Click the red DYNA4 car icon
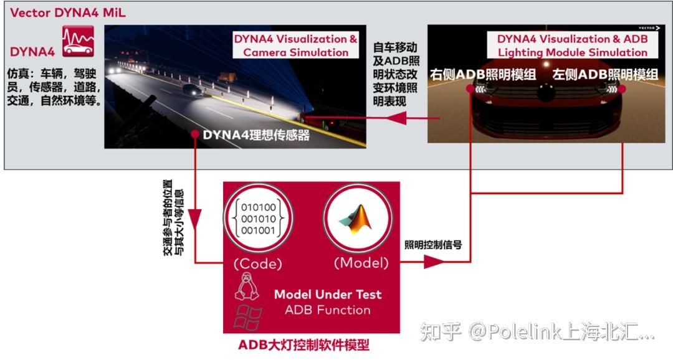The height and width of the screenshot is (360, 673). pos(78,41)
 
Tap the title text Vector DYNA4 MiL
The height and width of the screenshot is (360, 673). pos(68,12)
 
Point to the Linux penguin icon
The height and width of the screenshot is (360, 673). pos(247,286)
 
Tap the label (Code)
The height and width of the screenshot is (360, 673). pos(258,263)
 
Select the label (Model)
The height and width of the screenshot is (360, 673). pos(361,263)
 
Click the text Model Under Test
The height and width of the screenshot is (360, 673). pos(328,294)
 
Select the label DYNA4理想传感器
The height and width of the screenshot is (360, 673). pos(255,135)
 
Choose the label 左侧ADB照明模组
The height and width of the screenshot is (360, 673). pos(604,75)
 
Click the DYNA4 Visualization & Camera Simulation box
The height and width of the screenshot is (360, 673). pos(295,45)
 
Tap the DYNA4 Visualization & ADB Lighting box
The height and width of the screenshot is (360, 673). pos(572,45)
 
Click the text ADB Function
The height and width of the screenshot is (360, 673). pos(327,310)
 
